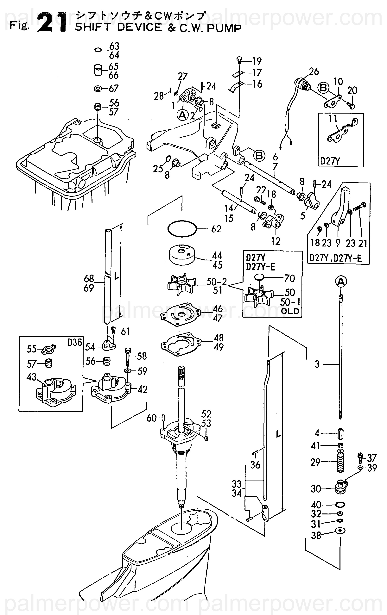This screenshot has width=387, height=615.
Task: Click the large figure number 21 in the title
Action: (x=52, y=23)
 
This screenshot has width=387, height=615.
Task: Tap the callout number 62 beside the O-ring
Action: (x=216, y=229)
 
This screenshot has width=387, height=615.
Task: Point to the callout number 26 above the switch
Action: (x=314, y=71)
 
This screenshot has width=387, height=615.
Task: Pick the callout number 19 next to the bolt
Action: (x=257, y=61)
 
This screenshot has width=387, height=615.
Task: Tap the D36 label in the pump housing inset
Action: (x=75, y=342)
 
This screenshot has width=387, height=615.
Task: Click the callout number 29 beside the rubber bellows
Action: (x=315, y=462)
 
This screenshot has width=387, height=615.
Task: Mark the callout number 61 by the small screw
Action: (x=125, y=332)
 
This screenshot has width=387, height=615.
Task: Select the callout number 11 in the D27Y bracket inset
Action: (x=333, y=119)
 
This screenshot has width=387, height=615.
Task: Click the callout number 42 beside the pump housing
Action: (x=142, y=389)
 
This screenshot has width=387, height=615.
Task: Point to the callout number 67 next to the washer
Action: (x=113, y=89)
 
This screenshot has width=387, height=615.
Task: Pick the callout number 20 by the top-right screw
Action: (x=352, y=90)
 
